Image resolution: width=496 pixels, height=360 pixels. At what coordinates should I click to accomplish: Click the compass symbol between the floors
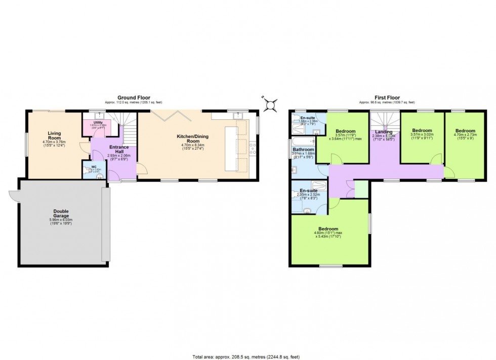pos(271,105)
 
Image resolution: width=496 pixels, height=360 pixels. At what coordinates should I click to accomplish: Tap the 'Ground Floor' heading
pos(133,97)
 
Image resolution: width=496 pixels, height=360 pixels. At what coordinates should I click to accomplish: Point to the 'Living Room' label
pos(54,136)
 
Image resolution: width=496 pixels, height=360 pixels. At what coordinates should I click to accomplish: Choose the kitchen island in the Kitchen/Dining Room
pos(232,149)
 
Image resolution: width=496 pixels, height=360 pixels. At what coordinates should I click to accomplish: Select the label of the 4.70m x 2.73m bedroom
pos(465,130)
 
